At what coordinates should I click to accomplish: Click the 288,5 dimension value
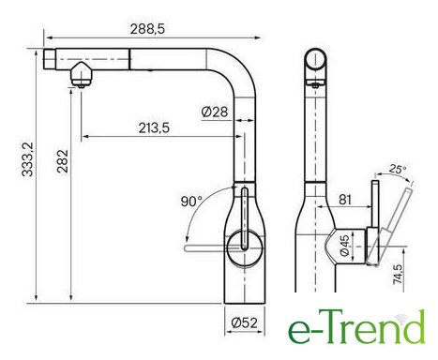[x=147, y=29]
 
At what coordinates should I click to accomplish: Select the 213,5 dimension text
[x=154, y=127]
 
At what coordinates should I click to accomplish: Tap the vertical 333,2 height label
[x=28, y=159]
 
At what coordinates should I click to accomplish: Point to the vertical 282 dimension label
[x=62, y=161]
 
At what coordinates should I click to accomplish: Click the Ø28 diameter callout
[x=215, y=112]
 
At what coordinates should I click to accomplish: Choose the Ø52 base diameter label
[x=244, y=322]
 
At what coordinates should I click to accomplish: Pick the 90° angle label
[x=191, y=202]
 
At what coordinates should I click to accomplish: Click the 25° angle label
[x=398, y=169]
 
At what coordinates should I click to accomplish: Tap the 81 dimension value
[x=345, y=200]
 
